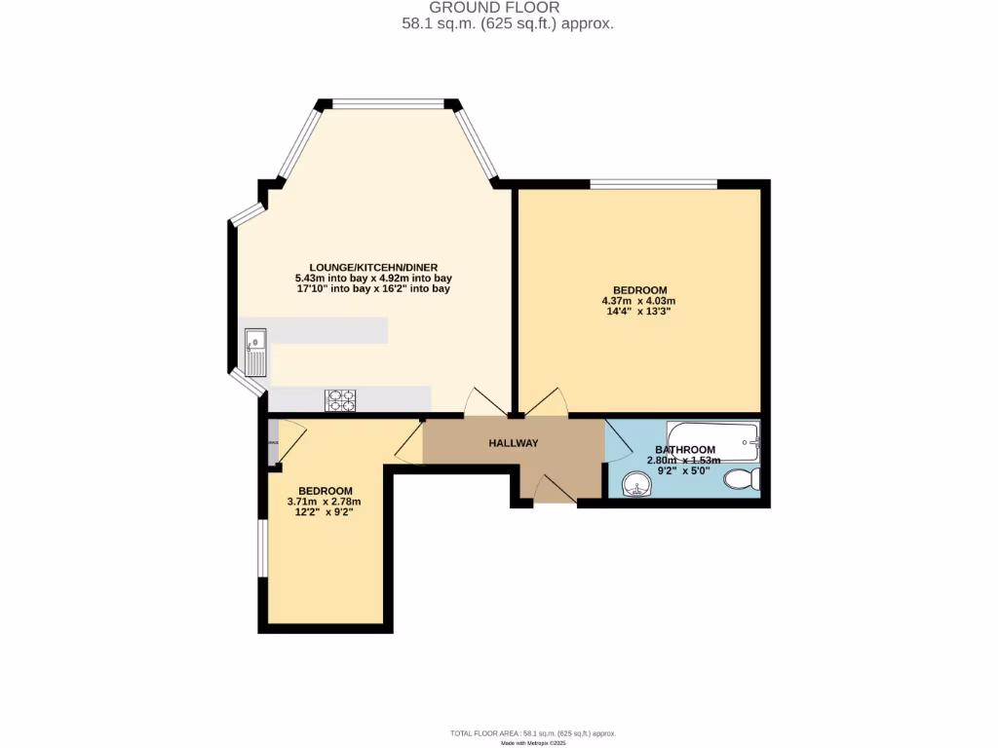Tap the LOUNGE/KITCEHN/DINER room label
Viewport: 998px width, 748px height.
pos(373,266)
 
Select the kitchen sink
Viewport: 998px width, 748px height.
pos(256,353)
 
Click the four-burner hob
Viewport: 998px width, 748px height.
pos(340,399)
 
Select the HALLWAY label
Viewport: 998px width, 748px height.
pos(513,443)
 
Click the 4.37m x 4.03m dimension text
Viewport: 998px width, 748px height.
pos(638,301)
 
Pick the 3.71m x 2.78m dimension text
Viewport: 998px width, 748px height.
pos(325,502)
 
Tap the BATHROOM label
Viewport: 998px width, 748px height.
pos(685,450)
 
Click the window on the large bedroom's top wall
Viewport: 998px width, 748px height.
pos(654,183)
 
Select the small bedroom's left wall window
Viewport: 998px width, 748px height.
pos(261,547)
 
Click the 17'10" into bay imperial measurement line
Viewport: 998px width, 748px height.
pos(373,288)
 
